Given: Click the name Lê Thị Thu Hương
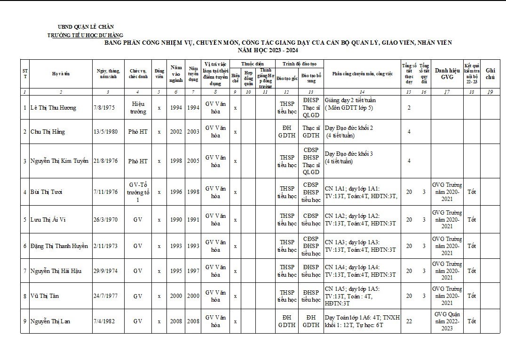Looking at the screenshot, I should click(x=53, y=108).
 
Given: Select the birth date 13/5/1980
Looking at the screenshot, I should click(x=105, y=132).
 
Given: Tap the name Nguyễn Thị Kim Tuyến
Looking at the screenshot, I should click(x=59, y=161).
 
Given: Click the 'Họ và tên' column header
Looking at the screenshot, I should click(x=61, y=74).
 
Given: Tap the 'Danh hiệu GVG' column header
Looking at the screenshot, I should click(x=446, y=74).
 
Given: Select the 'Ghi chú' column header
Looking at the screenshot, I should click(x=490, y=74).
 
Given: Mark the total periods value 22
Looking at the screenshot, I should click(x=409, y=321).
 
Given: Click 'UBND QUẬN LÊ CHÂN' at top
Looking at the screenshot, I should click(x=85, y=27).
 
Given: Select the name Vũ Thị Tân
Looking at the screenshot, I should click(x=45, y=296).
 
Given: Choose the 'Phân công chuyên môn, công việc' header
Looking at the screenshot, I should click(x=362, y=74).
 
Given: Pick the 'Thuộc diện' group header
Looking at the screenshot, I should click(x=252, y=64).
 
